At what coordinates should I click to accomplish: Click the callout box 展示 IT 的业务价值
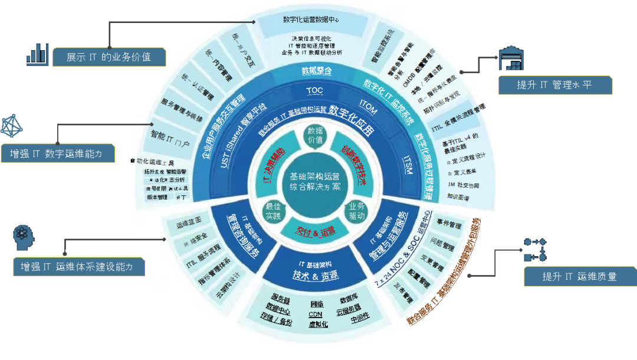(x=109, y=57)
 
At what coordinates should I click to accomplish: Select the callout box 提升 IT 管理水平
(x=554, y=85)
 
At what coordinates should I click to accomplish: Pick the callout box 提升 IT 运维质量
(x=580, y=276)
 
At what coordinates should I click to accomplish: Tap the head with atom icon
(x=24, y=238)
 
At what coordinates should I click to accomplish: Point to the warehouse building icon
(x=511, y=58)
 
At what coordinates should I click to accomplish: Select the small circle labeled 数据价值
(x=316, y=135)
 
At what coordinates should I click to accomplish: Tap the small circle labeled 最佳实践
(x=272, y=211)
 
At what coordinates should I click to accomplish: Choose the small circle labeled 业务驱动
(x=357, y=211)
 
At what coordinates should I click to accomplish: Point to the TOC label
(x=314, y=90)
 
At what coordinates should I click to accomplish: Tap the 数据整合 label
(x=317, y=71)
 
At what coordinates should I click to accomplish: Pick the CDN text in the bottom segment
(x=316, y=314)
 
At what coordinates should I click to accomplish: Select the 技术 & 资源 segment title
(x=316, y=276)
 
